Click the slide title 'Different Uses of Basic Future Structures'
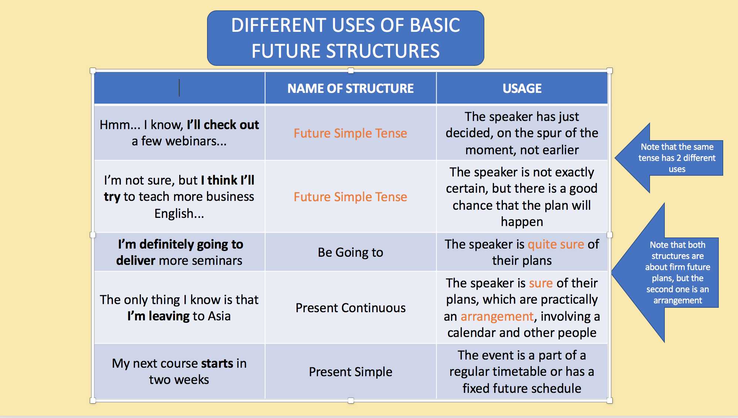pos(346,38)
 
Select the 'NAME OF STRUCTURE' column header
pos(351,88)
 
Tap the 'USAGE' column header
pos(522,88)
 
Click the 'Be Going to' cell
pos(351,252)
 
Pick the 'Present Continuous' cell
pos(351,308)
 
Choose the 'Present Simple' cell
pos(351,372)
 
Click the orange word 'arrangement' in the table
pos(497,317)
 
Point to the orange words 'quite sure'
pos(556,245)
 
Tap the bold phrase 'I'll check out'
pos(223,125)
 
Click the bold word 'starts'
pos(217,364)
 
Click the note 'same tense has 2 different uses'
pos(677,158)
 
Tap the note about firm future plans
pos(678,273)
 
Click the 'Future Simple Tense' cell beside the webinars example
pos(351,133)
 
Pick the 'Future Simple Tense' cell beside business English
pos(351,197)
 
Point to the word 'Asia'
pos(219,316)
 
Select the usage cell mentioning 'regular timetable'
pos(522,372)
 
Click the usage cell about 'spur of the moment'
pos(522,133)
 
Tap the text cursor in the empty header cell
pos(179,88)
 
